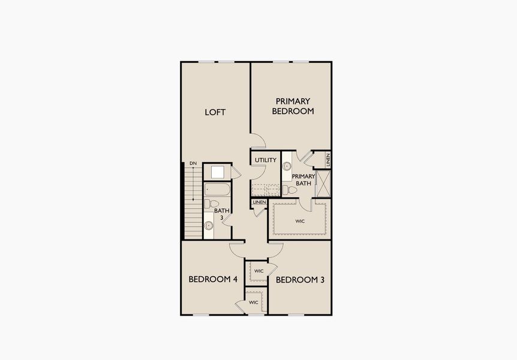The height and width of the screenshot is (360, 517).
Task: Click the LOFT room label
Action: [215, 112]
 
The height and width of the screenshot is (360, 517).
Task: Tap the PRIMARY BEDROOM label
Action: [293, 106]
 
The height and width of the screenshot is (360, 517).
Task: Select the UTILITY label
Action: [265, 160]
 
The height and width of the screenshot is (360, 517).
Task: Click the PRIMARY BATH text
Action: [303, 179]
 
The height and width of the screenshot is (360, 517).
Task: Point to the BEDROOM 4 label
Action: [213, 280]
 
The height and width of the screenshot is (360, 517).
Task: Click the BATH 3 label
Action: [222, 214]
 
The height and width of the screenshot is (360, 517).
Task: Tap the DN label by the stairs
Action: [193, 163]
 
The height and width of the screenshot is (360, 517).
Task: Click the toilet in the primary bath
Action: [290, 190]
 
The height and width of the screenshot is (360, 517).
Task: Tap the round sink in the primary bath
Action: [287, 166]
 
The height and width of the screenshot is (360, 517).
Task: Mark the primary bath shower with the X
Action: [324, 184]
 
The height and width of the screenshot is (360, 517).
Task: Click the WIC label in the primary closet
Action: [300, 221]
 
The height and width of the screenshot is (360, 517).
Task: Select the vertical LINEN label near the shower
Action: [328, 160]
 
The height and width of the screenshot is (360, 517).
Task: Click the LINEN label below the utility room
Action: [259, 203]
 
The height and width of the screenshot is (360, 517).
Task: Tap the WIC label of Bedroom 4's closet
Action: [254, 302]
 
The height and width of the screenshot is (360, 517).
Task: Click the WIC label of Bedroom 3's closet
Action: [258, 271]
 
